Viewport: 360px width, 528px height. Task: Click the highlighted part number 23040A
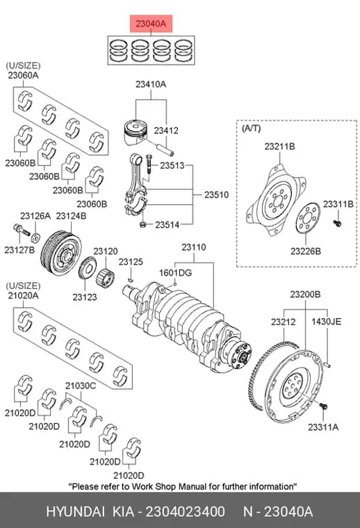click(151, 24)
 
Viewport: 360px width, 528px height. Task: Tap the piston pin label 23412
click(166, 131)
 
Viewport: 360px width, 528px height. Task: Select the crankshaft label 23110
click(194, 247)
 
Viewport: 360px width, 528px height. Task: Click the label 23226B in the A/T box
click(306, 251)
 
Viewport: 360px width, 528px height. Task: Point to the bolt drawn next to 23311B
click(337, 222)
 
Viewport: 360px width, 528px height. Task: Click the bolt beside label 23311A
click(324, 406)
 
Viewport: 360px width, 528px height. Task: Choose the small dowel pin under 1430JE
click(328, 364)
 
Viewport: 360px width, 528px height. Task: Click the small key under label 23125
click(131, 279)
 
